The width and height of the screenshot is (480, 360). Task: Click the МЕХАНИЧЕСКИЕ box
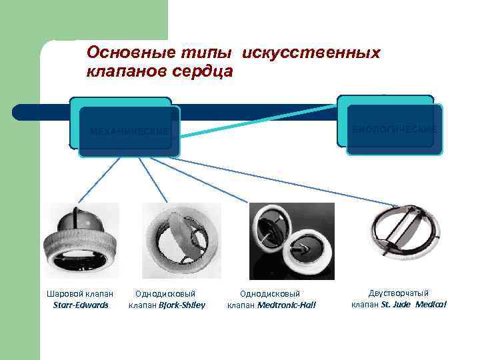coord(129,131)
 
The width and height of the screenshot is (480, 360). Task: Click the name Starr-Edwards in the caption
coord(80,305)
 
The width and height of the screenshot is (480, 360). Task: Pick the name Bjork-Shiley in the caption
coord(181,305)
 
